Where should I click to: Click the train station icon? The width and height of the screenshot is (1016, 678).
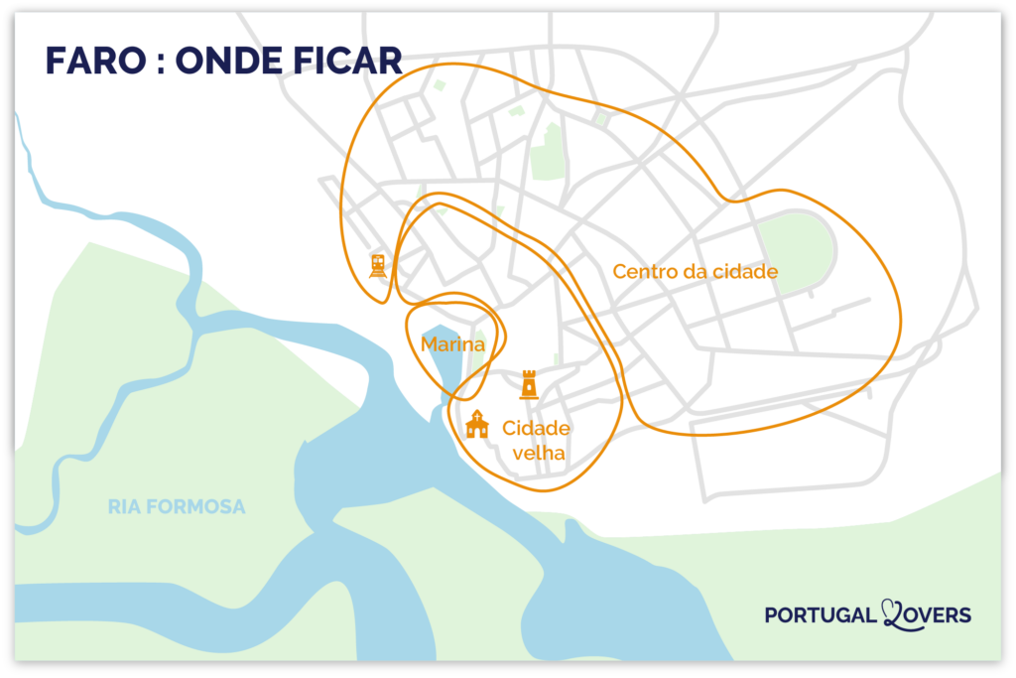pos(378,265)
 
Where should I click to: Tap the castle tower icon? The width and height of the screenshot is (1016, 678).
pos(530,384)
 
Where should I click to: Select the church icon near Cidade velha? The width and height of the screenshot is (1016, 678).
pos(477,424)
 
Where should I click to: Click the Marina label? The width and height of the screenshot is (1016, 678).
pos(452,344)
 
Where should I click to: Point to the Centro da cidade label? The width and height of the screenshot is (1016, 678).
pos(695,271)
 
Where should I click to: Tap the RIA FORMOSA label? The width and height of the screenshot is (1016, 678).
pos(177,507)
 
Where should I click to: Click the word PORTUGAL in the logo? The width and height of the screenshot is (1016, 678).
pos(822,615)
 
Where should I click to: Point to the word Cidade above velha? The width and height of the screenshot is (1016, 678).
pos(536,429)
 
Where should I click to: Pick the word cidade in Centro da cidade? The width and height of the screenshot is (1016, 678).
pos(744,271)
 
